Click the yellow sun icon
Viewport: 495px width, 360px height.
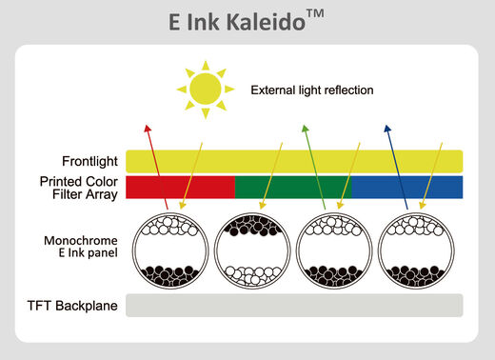click(205, 90)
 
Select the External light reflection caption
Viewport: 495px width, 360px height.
click(311, 90)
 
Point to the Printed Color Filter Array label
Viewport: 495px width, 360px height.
click(78, 188)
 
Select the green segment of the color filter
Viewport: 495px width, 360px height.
click(293, 187)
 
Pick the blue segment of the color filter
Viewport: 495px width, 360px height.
click(406, 187)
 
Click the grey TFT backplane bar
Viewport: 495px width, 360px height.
click(296, 306)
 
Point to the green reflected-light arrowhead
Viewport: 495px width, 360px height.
click(305, 128)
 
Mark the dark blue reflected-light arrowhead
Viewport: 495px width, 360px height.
click(387, 128)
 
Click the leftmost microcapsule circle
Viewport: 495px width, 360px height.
click(168, 249)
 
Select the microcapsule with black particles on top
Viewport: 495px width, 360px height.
click(250, 249)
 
